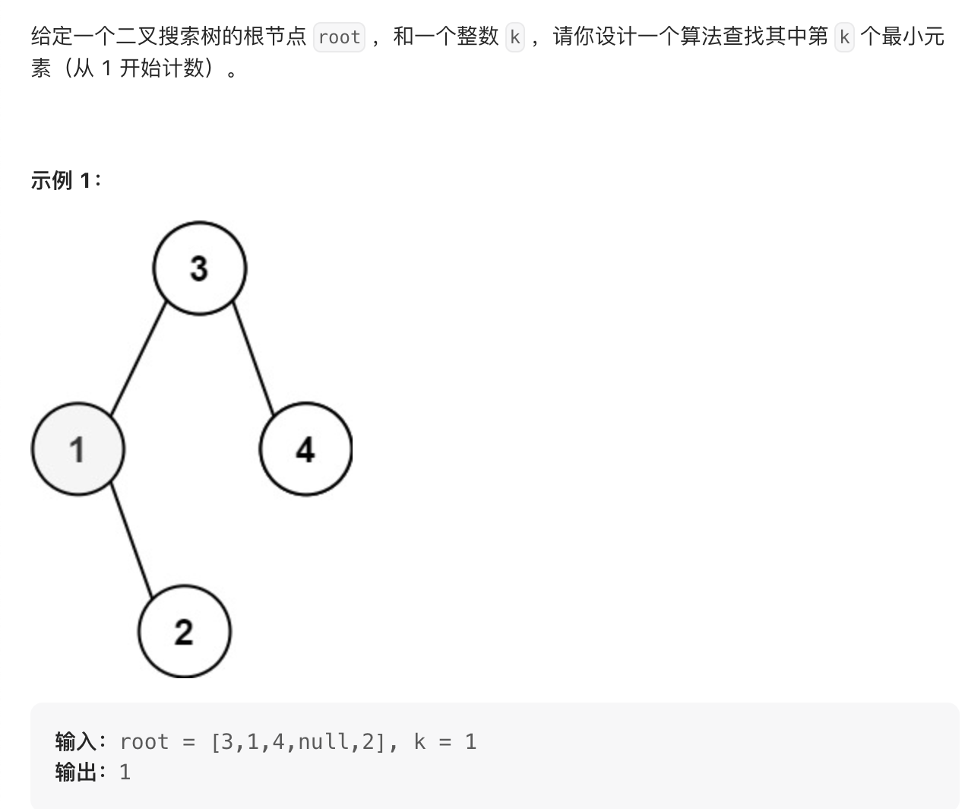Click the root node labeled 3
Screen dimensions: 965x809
(199, 268)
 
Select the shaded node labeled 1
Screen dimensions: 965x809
(78, 449)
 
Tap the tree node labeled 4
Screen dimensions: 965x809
(305, 449)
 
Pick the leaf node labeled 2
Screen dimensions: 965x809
(184, 631)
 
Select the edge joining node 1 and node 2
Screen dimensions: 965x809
(131, 540)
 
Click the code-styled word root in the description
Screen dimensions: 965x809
(339, 36)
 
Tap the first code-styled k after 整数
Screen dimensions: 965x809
(515, 36)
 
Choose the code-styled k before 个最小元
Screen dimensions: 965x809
(843, 36)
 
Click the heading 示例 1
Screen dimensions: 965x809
(65, 180)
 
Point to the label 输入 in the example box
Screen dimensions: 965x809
(75, 741)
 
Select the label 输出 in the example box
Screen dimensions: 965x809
(75, 773)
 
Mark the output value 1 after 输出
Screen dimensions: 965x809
(125, 773)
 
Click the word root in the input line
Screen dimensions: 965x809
(144, 741)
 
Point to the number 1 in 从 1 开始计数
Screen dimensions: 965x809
(106, 68)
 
